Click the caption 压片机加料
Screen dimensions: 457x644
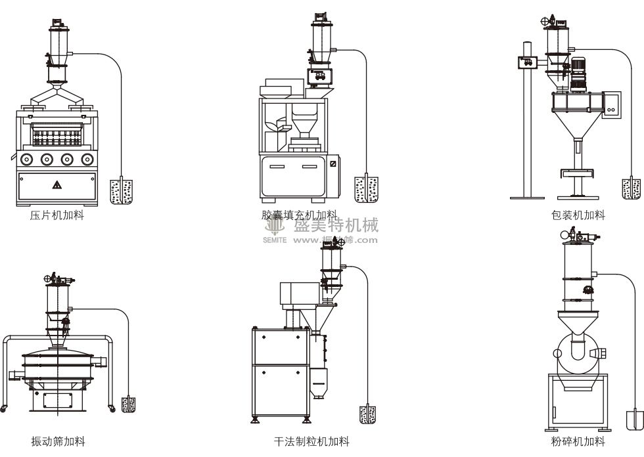pos(57,215)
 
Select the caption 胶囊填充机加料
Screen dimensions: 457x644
pos(299,215)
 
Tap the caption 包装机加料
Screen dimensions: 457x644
pos(578,215)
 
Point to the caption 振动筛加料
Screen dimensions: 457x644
pos(58,441)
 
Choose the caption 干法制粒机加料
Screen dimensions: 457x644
pos(311,441)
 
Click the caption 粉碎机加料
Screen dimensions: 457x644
pos(578,441)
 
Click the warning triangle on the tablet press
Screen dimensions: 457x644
pos(57,185)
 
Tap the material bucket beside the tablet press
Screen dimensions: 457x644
pos(122,188)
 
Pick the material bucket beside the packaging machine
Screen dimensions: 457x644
pos(631,188)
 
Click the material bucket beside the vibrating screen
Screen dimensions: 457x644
pos(129,404)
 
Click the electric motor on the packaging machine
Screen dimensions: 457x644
pos(579,72)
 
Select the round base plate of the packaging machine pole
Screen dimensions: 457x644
pos(528,197)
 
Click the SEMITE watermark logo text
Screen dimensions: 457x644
pos(275,240)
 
